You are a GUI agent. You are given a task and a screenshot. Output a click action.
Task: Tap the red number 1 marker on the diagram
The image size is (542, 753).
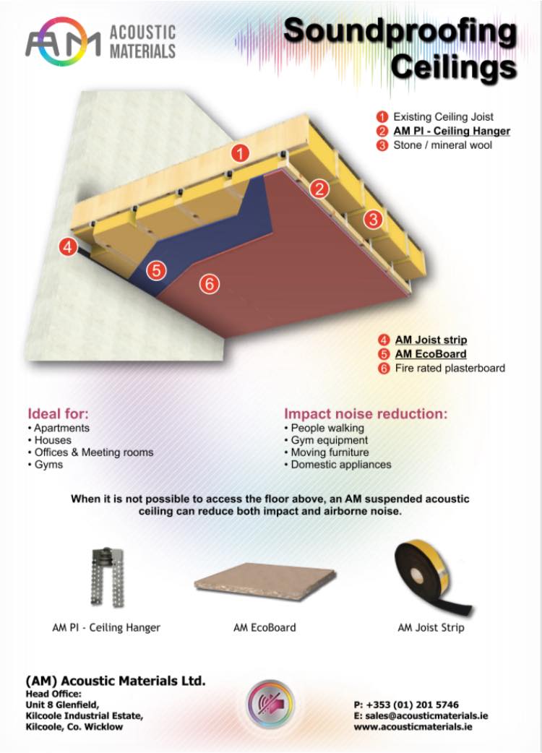pos(240,153)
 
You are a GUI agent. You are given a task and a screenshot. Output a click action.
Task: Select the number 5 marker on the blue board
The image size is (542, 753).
pos(157,270)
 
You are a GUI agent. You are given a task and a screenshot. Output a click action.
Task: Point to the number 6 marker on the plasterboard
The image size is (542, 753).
pos(210,283)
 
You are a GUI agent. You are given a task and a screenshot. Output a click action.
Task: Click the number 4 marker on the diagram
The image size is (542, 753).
pos(68,246)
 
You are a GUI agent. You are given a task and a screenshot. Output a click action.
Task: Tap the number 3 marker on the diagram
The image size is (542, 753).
pos(373,220)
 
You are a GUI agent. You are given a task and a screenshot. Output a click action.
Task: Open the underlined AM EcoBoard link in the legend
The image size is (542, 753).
pos(431,354)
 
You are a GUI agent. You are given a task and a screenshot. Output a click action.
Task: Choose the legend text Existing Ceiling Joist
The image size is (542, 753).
pos(443,116)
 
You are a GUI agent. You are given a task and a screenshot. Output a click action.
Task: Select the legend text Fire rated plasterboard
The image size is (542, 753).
pos(449,369)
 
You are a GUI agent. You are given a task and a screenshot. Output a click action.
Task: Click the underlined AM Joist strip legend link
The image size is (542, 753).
pos(431,340)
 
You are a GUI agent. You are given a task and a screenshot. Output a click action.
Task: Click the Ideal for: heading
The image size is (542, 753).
pos(58,413)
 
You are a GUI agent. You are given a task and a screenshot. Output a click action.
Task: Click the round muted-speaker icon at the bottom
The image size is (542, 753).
pos(271,705)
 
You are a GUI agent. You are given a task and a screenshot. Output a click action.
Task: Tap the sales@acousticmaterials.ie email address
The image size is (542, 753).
pos(426,716)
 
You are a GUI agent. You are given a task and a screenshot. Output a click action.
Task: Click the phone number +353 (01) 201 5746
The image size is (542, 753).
pos(412,705)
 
